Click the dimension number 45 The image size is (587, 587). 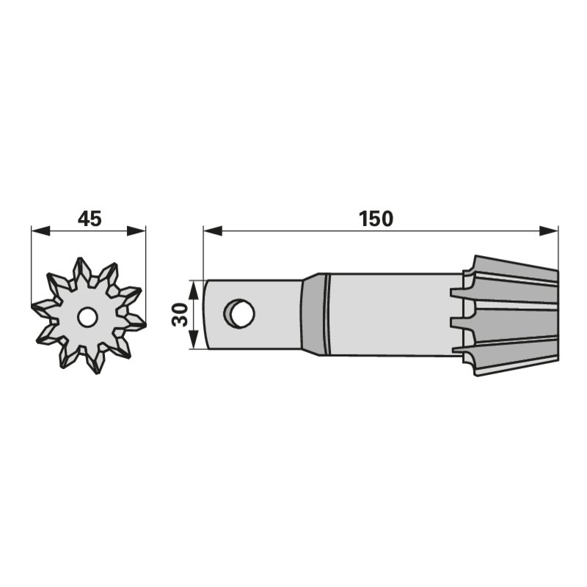pyautogui.click(x=90, y=219)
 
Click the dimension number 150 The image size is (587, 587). pyautogui.click(x=376, y=219)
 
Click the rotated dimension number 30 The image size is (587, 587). pyautogui.click(x=180, y=315)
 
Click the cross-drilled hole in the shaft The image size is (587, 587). pyautogui.click(x=239, y=314)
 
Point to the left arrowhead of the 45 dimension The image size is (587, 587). pyautogui.click(x=40, y=231)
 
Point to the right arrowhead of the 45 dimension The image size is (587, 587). pyautogui.click(x=136, y=231)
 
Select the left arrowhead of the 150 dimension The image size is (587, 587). pyautogui.click(x=213, y=231)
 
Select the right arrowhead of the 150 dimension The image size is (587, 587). pyautogui.click(x=548, y=231)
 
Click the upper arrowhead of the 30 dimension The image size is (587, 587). pyautogui.click(x=193, y=289)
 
